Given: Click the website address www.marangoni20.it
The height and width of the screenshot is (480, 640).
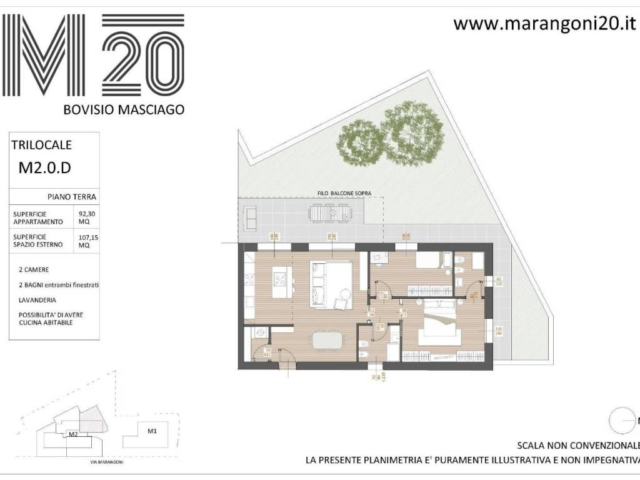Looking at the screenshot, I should [544, 24].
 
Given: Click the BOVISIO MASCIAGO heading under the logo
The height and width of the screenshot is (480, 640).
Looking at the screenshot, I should [124, 109].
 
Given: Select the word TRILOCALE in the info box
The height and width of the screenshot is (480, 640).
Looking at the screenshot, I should [42, 145].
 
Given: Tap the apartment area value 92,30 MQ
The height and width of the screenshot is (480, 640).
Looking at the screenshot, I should [84, 217].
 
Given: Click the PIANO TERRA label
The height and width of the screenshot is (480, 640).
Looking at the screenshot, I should [71, 197].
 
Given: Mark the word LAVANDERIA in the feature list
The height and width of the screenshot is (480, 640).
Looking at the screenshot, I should [37, 300].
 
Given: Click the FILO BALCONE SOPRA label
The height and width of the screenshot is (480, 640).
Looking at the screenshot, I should [344, 194].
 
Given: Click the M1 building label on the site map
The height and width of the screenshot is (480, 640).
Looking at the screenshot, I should [152, 431].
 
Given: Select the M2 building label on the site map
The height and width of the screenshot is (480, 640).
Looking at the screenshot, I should [72, 434].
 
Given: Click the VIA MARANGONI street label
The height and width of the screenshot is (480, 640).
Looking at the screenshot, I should [103, 463].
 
